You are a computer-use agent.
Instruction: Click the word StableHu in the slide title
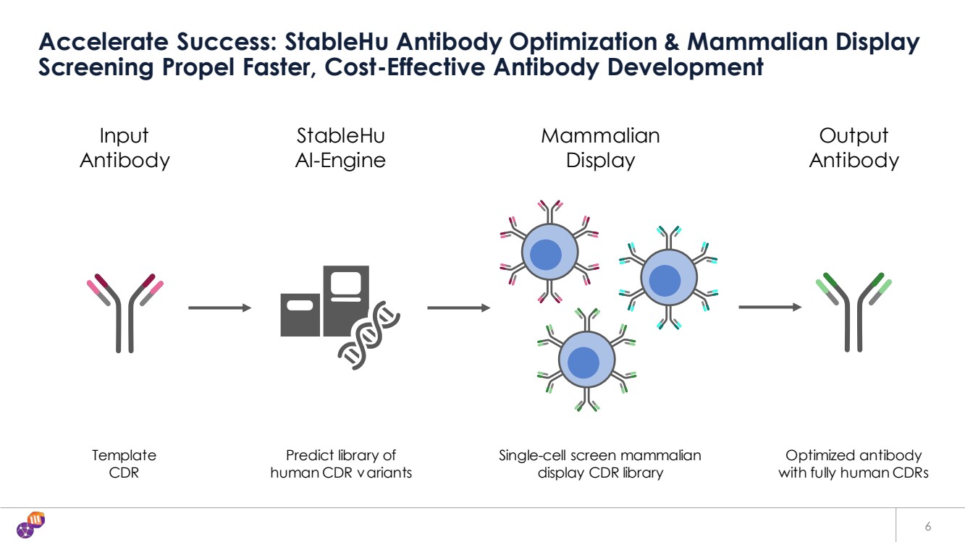[x=333, y=43]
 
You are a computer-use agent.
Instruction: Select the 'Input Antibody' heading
[x=125, y=148]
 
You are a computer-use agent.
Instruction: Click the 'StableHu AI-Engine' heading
[x=340, y=148]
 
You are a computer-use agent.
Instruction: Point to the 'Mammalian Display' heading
[x=600, y=148]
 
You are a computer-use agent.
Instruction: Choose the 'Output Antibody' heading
[x=854, y=148]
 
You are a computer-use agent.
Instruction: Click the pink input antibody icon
[x=125, y=311]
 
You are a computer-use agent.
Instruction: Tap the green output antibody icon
[x=854, y=311]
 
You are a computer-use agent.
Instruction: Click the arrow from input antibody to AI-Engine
[x=219, y=308]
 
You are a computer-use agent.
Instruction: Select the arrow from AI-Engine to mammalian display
[x=458, y=308]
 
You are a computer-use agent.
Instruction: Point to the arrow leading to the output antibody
[x=770, y=308]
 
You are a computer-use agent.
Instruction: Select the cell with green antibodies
[x=586, y=360]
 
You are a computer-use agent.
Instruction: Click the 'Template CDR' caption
[x=124, y=464]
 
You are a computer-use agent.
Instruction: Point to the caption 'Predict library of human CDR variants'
[x=341, y=464]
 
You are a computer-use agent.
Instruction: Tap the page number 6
[x=927, y=525]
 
